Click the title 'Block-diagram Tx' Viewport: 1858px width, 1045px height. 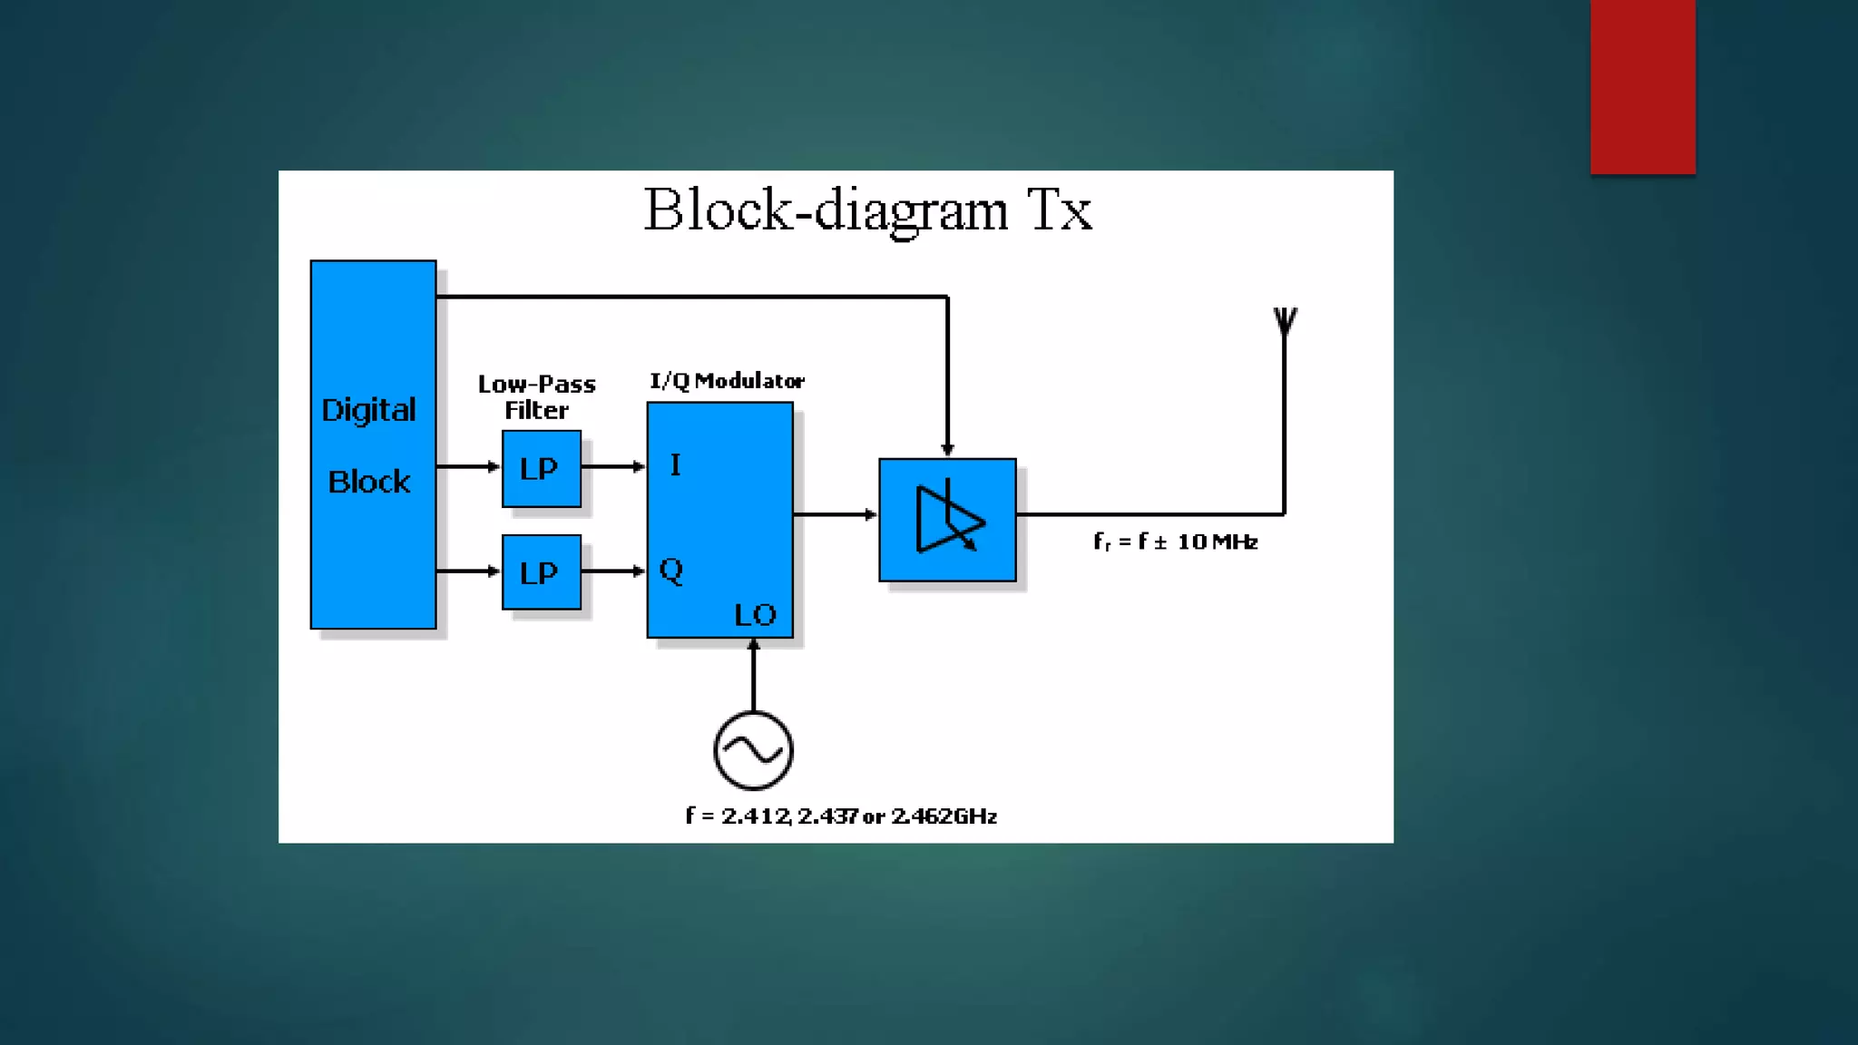pyautogui.click(x=867, y=210)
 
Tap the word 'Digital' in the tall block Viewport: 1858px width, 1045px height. pyautogui.click(x=368, y=410)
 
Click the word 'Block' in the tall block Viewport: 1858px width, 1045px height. pyautogui.click(x=368, y=482)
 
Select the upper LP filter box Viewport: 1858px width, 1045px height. pyautogui.click(x=541, y=468)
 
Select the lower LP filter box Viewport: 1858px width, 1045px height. pyautogui.click(x=541, y=572)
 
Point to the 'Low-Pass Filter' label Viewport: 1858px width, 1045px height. pyautogui.click(x=536, y=396)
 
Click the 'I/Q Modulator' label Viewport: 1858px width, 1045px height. pyautogui.click(x=727, y=381)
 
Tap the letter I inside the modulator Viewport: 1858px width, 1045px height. pyautogui.click(x=675, y=465)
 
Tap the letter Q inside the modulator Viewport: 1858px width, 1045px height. pyautogui.click(x=671, y=571)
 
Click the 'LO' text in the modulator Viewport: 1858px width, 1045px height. pyautogui.click(x=755, y=615)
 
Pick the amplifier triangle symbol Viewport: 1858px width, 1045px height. pyautogui.click(x=948, y=520)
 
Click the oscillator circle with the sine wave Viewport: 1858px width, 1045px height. pyautogui.click(x=753, y=750)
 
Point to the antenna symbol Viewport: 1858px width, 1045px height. pyautogui.click(x=1285, y=322)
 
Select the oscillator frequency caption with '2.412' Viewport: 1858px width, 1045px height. pyautogui.click(x=841, y=816)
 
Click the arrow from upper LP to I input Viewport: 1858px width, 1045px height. pyautogui.click(x=613, y=466)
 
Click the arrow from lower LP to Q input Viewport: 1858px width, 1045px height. pyautogui.click(x=613, y=571)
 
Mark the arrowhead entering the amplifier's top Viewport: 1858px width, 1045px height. pyautogui.click(x=947, y=449)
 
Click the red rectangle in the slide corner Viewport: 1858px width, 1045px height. pyautogui.click(x=1642, y=86)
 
